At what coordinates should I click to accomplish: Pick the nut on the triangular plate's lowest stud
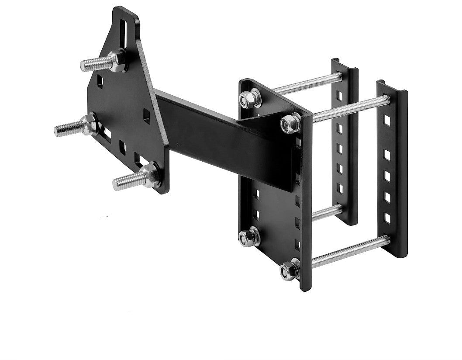[150, 175]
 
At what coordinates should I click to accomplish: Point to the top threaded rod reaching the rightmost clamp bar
[349, 110]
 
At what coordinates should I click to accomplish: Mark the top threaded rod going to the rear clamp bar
[306, 84]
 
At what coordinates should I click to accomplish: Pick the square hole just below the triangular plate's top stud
[100, 80]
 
